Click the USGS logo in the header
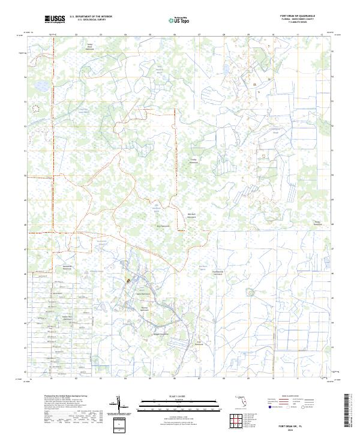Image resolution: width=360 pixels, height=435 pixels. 55,20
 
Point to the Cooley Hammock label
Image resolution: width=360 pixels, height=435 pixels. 194,161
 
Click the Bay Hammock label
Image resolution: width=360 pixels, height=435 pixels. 163,226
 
